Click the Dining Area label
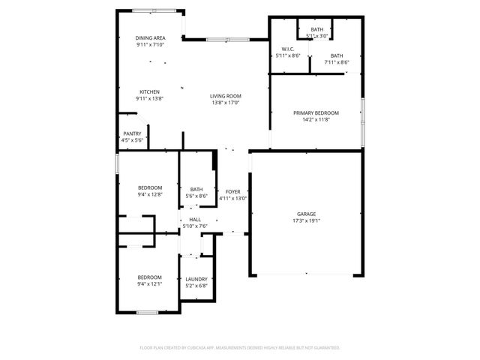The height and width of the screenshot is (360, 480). point(150,38)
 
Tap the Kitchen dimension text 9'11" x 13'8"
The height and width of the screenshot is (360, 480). point(150,98)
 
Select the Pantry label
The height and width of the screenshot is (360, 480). point(132,133)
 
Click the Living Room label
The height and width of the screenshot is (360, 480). point(225,96)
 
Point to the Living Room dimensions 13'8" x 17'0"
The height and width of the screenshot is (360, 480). point(225,103)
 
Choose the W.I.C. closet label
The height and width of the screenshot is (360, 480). point(286,49)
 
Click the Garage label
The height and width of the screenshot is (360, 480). point(305,214)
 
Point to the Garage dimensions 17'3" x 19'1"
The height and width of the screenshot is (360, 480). point(305,221)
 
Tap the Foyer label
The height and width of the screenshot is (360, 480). point(232,192)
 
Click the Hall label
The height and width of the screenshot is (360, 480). point(194,219)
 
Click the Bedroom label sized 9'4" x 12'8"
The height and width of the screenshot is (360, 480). point(150,187)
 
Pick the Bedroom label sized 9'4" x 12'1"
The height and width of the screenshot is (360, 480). point(150,277)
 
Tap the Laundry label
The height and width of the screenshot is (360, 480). point(196,279)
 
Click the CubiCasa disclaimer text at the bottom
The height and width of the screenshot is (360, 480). point(240,348)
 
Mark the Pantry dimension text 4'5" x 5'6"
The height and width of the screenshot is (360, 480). point(132,140)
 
